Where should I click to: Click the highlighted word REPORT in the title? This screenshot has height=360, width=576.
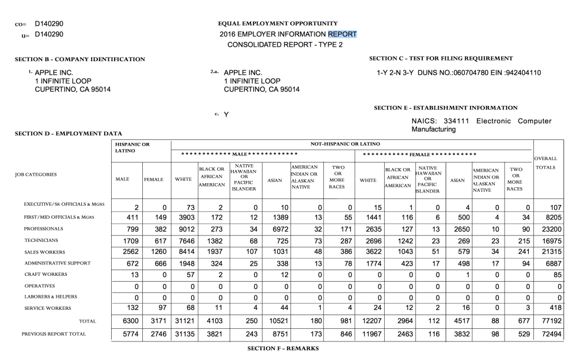tap(342, 34)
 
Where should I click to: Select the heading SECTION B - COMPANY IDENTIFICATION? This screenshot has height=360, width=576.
tap(79, 59)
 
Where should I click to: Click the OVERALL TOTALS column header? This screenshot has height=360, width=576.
tap(545, 163)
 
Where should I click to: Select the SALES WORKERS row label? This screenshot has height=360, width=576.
tap(44, 252)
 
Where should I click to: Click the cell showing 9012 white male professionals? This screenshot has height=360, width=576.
tap(184, 229)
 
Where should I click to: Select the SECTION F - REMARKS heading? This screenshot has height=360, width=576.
tap(283, 348)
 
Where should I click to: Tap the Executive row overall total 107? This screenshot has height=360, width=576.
tap(555, 207)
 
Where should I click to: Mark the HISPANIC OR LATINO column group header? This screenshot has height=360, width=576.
tap(132, 147)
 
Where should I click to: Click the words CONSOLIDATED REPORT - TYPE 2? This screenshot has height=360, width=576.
tap(285, 45)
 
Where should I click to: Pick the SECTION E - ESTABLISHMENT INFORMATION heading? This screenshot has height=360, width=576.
tap(445, 108)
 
